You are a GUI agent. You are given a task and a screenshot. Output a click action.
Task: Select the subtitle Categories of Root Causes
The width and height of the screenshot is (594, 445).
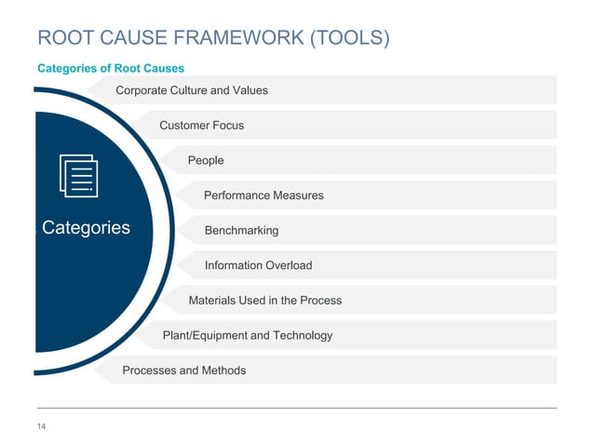110,68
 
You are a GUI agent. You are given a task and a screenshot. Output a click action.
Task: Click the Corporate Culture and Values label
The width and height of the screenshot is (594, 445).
191,90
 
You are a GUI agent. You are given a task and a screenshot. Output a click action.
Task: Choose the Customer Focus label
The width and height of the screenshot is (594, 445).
201,125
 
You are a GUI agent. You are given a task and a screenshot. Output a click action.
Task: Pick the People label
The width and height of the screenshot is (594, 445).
206,160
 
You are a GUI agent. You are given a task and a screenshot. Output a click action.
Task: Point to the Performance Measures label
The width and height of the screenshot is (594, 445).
263,196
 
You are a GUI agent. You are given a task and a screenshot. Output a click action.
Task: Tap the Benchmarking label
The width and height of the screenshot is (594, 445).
241,230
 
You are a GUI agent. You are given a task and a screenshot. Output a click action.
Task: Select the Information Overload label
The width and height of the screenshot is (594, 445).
258,265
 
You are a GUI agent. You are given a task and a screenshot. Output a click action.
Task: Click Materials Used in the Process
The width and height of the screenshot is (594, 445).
264,300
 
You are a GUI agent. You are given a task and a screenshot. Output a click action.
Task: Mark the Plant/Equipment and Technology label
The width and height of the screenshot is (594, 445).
247,335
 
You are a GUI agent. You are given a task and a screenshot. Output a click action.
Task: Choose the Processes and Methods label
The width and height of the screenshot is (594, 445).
183,371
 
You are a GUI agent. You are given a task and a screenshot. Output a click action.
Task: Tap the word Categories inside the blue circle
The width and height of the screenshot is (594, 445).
86,228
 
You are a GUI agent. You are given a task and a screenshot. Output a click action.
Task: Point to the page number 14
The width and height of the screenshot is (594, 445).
42,427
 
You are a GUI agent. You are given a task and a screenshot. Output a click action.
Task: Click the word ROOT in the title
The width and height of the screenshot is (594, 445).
63,38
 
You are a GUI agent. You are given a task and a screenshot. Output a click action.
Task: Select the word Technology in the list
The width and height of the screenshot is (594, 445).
302,335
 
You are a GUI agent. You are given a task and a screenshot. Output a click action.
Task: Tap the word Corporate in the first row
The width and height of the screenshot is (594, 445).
142,90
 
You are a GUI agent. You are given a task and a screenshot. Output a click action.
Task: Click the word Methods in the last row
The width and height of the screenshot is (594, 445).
224,371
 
